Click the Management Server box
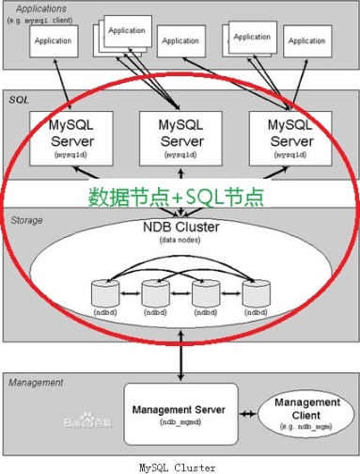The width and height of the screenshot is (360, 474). coord(177,415)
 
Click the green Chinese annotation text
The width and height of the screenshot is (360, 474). coord(176,197)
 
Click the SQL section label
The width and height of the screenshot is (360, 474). coord(20,98)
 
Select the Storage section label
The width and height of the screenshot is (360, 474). coord(27,219)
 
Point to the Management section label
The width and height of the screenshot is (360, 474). coord(37,383)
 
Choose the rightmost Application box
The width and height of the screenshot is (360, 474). coord(306,41)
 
